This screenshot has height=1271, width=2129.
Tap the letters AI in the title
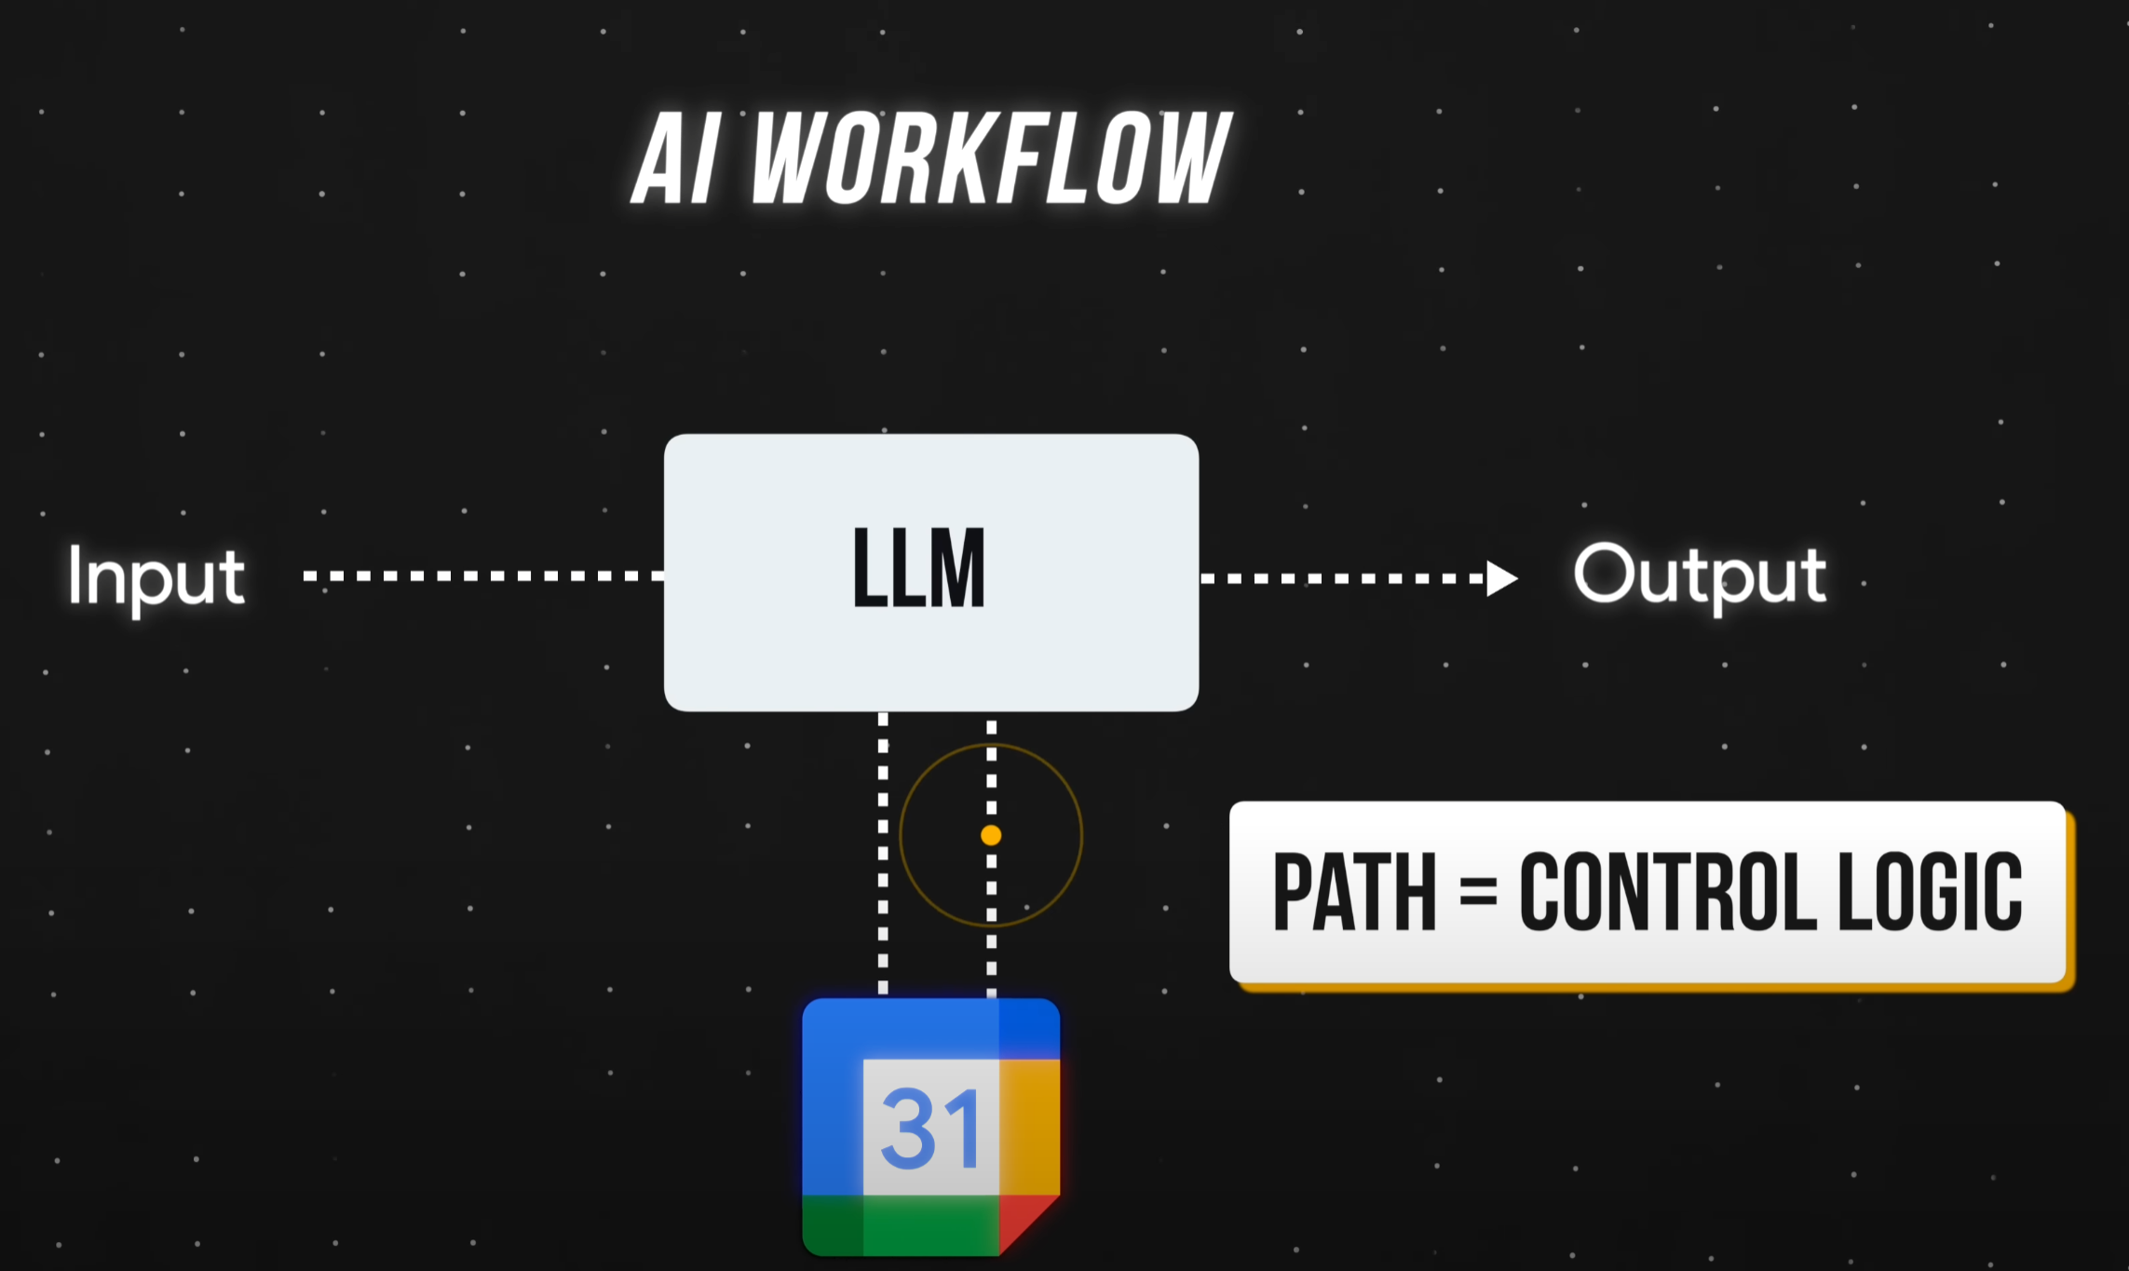(x=676, y=158)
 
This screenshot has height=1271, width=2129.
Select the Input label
(x=156, y=577)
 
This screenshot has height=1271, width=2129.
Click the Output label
(x=1699, y=575)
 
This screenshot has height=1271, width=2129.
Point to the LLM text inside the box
(x=918, y=568)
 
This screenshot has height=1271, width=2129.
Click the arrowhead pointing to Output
(x=1500, y=578)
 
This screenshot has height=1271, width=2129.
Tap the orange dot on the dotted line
(x=991, y=835)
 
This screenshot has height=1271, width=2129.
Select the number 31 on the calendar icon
(x=930, y=1129)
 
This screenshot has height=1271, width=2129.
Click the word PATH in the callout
(x=1354, y=892)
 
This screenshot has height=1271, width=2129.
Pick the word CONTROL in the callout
(x=1667, y=892)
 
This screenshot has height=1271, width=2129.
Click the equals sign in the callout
(x=1478, y=892)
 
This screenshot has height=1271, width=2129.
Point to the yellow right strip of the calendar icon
(x=1029, y=1127)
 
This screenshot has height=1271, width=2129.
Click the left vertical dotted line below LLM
(x=883, y=852)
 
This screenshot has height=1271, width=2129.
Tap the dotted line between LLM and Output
(x=1341, y=578)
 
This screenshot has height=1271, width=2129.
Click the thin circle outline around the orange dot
(x=901, y=835)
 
